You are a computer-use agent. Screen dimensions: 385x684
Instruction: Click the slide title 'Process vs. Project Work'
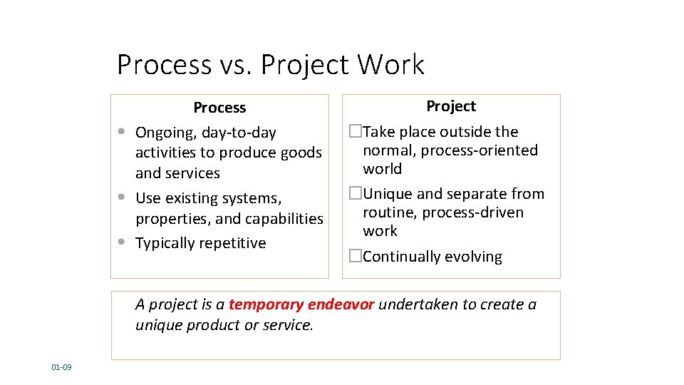270,65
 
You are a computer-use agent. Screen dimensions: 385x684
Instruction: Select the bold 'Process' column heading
219,108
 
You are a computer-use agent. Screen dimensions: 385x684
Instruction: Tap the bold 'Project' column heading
451,106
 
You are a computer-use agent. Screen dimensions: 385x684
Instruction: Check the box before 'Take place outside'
356,132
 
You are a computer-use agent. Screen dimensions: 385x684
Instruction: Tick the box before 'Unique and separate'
356,194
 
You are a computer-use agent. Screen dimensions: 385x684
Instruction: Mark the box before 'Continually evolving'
356,257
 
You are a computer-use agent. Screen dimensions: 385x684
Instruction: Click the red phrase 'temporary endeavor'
301,304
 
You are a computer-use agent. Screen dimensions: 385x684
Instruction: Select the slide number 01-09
61,367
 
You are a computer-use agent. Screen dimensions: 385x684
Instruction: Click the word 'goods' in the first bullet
303,153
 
